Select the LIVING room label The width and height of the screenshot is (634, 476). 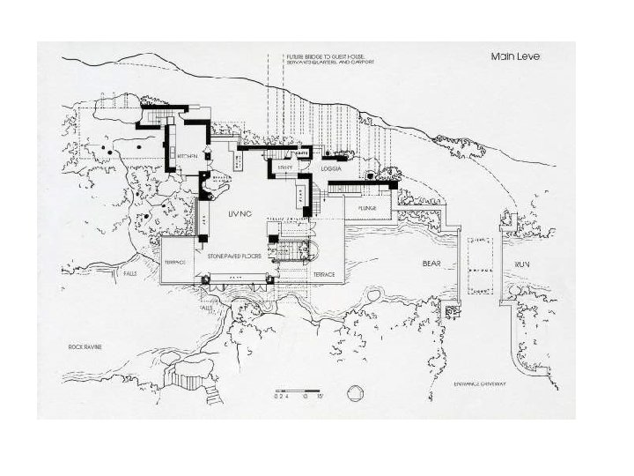240,214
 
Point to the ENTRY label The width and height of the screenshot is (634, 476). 284,167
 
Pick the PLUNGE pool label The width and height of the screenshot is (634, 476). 367,209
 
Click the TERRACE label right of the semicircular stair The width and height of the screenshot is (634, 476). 323,275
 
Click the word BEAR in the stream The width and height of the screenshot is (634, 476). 431,264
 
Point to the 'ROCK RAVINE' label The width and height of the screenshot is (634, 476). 85,347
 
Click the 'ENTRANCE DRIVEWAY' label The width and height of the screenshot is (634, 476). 481,383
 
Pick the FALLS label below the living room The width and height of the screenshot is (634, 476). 208,309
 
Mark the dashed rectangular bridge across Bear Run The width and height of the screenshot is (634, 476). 481,265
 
